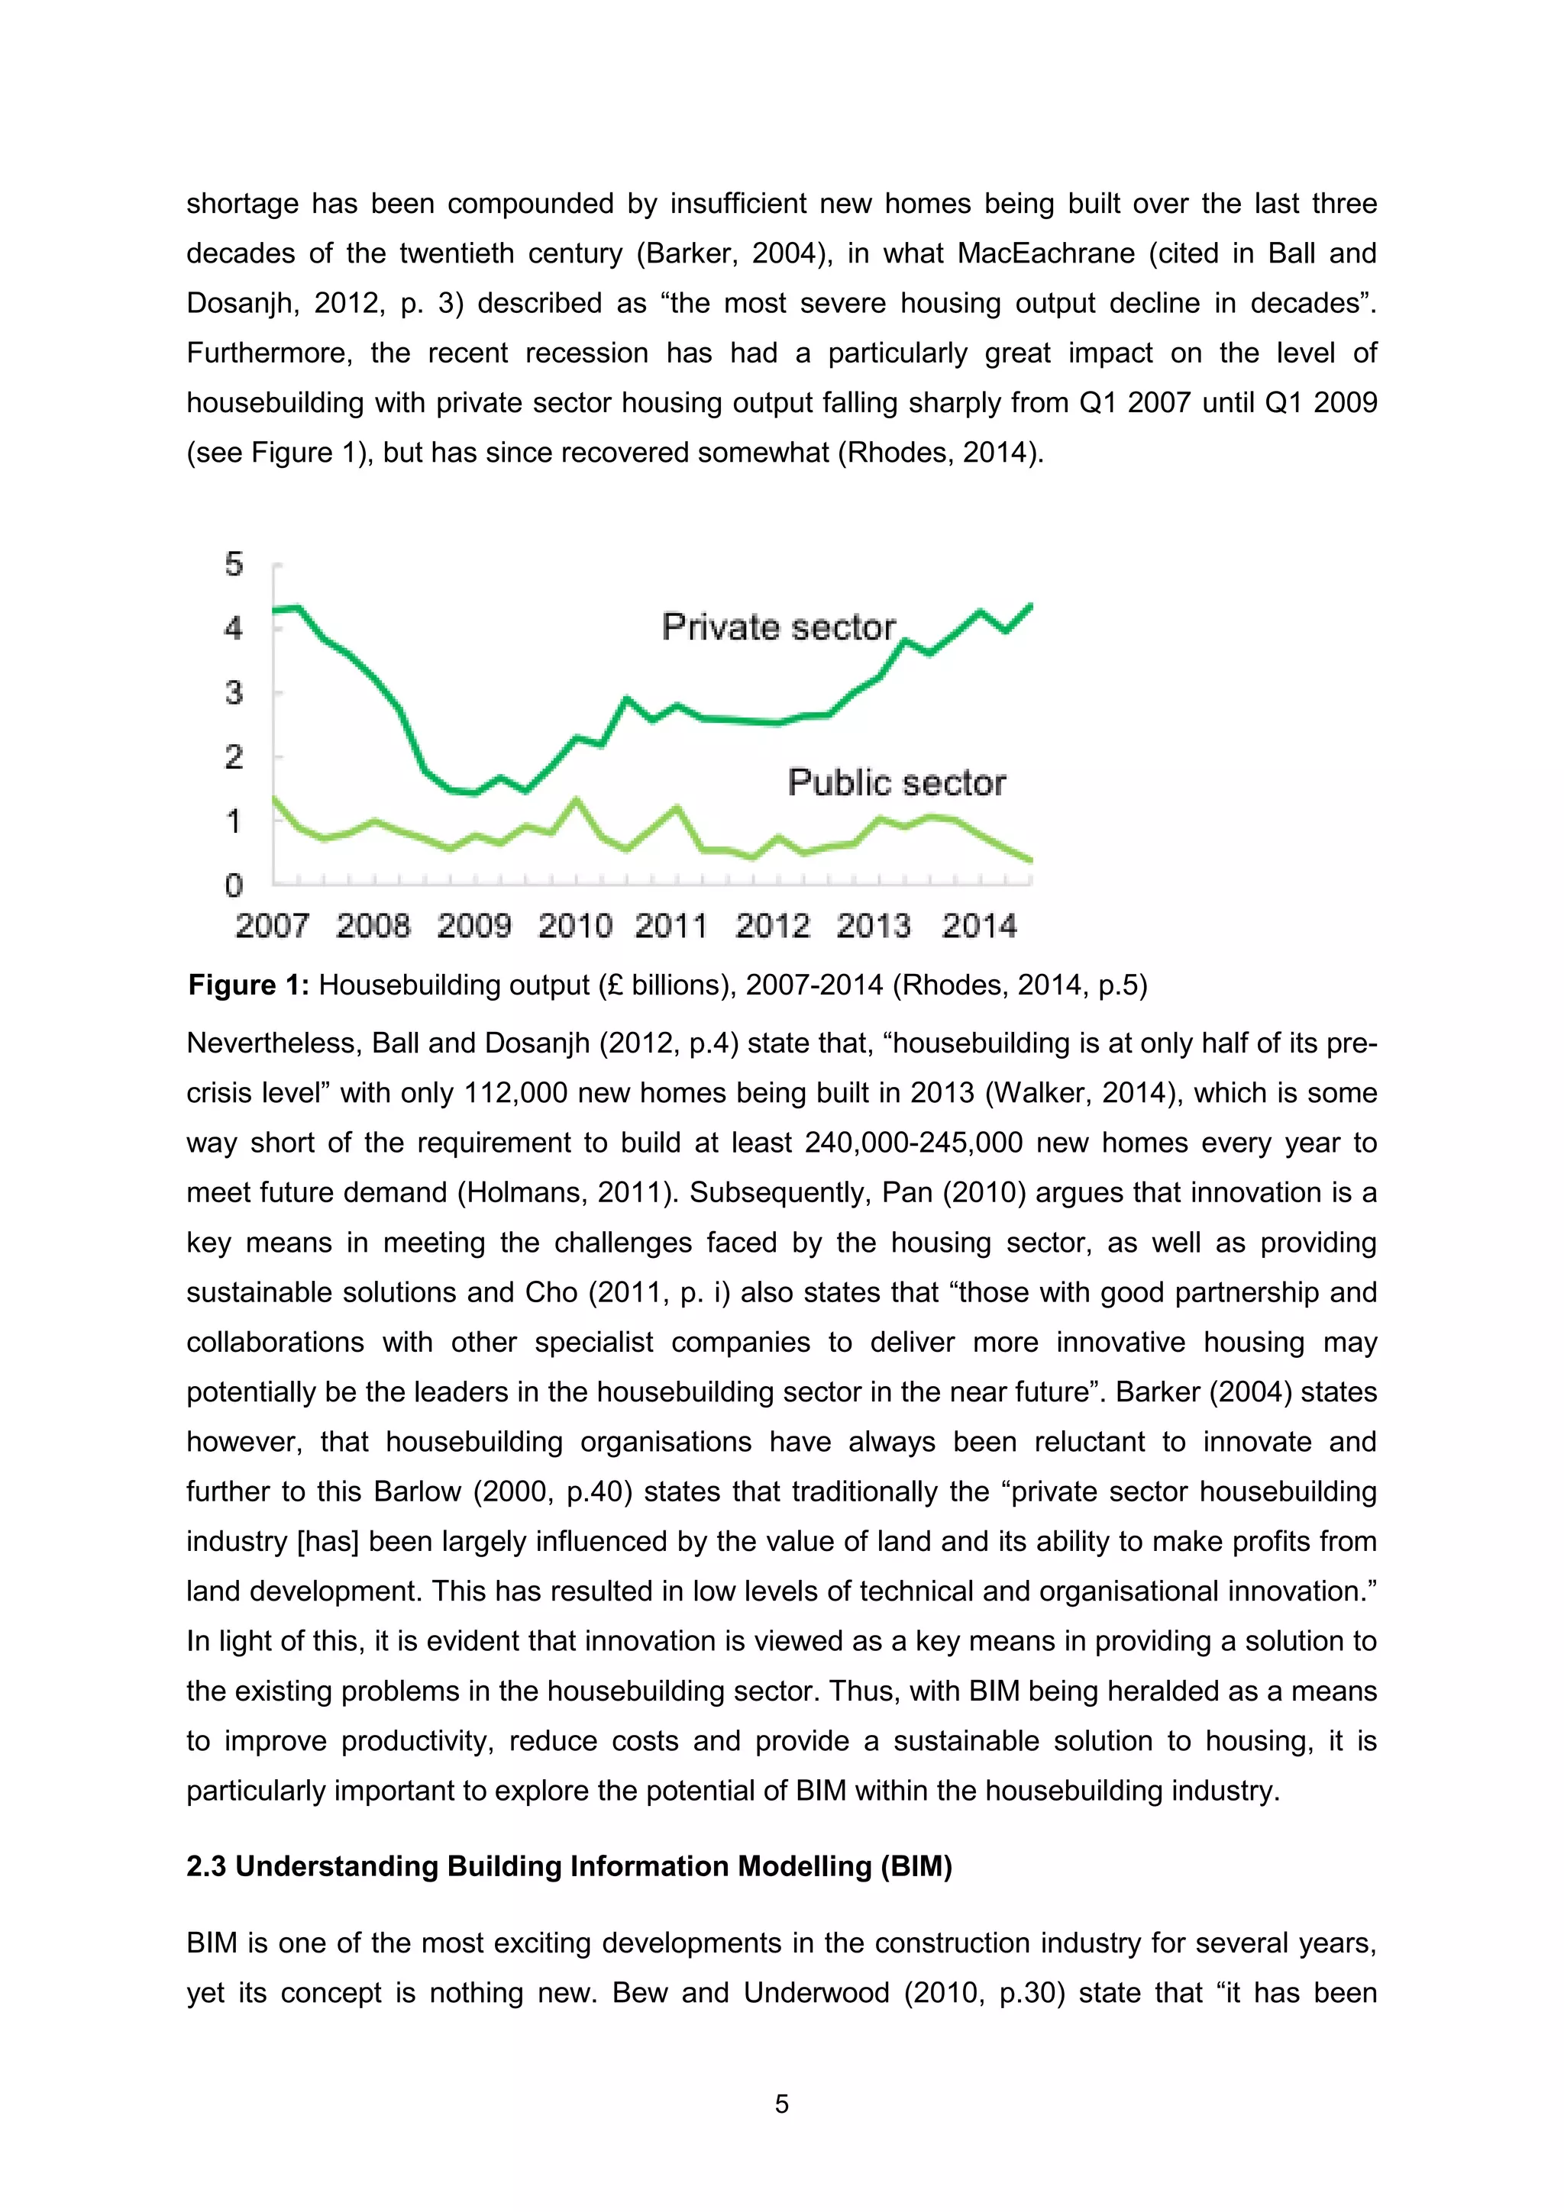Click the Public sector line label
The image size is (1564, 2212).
(x=897, y=782)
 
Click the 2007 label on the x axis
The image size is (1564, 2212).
(x=272, y=926)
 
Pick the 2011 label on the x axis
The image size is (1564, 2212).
(x=671, y=926)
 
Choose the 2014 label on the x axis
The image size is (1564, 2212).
(x=979, y=926)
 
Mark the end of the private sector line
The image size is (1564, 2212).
(x=1031, y=606)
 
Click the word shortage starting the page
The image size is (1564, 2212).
(x=242, y=205)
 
